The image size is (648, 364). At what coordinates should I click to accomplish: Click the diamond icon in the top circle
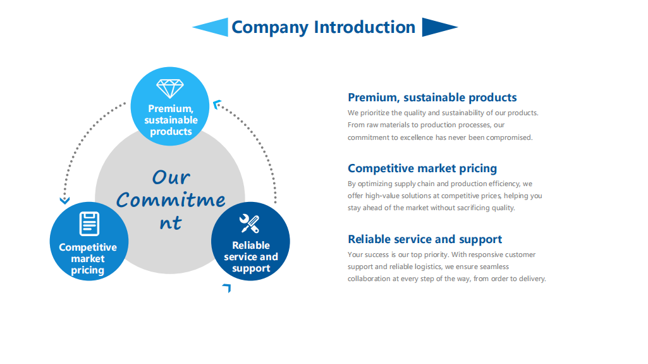pyautogui.click(x=169, y=88)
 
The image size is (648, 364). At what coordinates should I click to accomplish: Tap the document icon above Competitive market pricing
pyautogui.click(x=89, y=223)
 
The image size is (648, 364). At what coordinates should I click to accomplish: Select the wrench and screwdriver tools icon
pyautogui.click(x=250, y=223)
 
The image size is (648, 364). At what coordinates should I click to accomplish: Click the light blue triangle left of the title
pyautogui.click(x=211, y=27)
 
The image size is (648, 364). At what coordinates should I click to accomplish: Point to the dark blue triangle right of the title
pyautogui.click(x=439, y=27)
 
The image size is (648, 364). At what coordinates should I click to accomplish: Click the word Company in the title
pyautogui.click(x=270, y=27)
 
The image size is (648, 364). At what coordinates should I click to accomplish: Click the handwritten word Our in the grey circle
pyautogui.click(x=171, y=177)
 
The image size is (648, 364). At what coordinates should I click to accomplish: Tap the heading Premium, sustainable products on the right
pyautogui.click(x=432, y=97)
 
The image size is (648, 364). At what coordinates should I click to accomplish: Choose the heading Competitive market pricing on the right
pyautogui.click(x=422, y=168)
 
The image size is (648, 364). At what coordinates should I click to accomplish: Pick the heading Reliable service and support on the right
pyautogui.click(x=425, y=239)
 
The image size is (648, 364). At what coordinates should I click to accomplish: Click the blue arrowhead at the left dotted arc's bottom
pyautogui.click(x=64, y=201)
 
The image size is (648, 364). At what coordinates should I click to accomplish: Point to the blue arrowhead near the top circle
pyautogui.click(x=217, y=104)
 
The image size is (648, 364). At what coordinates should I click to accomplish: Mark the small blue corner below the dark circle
pyautogui.click(x=227, y=288)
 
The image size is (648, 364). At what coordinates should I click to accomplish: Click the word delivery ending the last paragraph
pyautogui.click(x=532, y=279)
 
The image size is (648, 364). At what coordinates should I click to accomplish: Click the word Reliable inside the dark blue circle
pyautogui.click(x=251, y=246)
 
